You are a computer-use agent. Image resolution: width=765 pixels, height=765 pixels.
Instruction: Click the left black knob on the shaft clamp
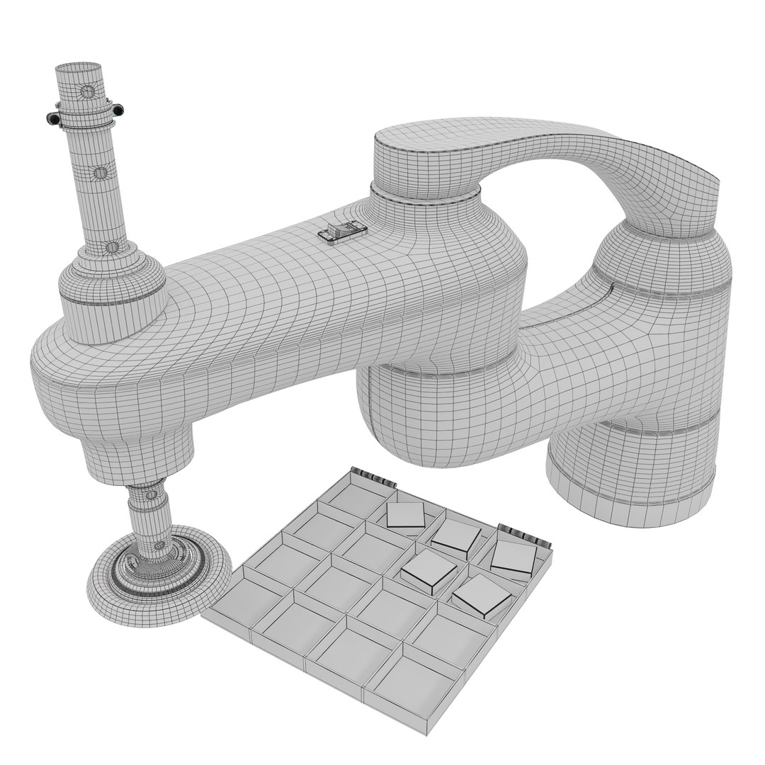click(52, 117)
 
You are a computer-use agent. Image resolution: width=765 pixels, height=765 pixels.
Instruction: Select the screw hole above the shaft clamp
click(86, 92)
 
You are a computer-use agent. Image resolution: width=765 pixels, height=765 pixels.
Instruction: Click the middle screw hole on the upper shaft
click(101, 171)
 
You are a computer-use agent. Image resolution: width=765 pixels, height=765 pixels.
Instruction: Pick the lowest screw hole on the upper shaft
click(110, 246)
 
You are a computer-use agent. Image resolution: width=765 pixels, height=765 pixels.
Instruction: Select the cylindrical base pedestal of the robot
click(630, 467)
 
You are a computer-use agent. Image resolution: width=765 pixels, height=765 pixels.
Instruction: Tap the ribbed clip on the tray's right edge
click(525, 535)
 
